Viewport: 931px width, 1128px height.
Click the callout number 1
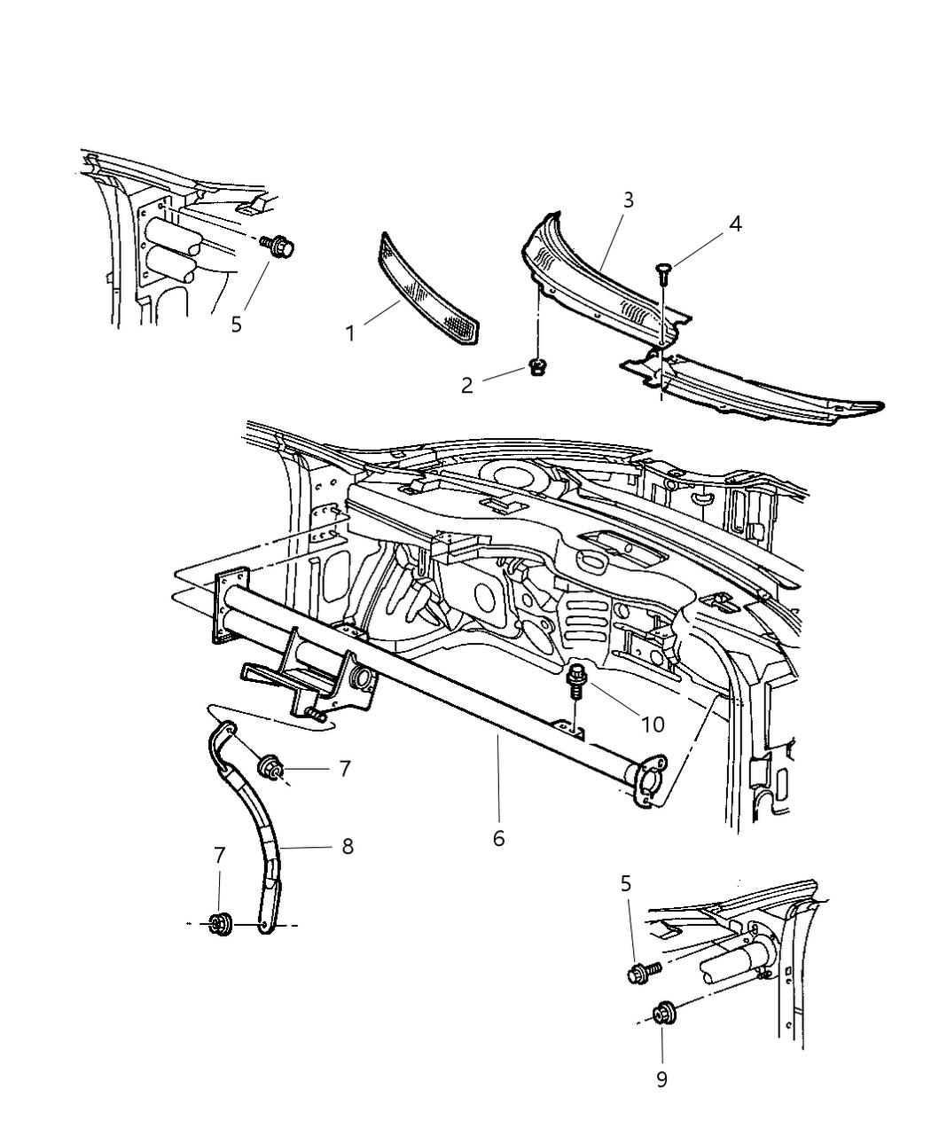[351, 333]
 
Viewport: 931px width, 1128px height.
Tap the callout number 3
[628, 200]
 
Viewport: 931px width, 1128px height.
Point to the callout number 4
[735, 223]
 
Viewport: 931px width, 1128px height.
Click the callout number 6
[498, 837]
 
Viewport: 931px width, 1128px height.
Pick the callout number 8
[348, 847]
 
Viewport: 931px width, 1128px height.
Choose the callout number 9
[661, 1079]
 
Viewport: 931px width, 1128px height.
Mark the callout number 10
[653, 724]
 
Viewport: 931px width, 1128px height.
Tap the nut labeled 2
[536, 365]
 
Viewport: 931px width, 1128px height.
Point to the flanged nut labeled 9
[661, 1014]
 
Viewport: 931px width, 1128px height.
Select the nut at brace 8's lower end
[219, 925]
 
